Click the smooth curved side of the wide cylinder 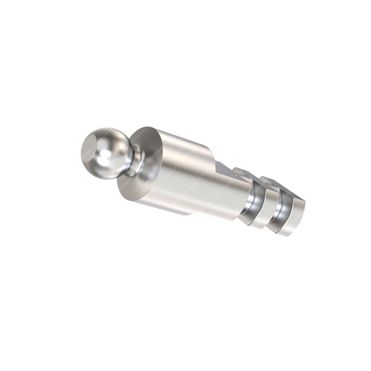(x=193, y=178)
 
